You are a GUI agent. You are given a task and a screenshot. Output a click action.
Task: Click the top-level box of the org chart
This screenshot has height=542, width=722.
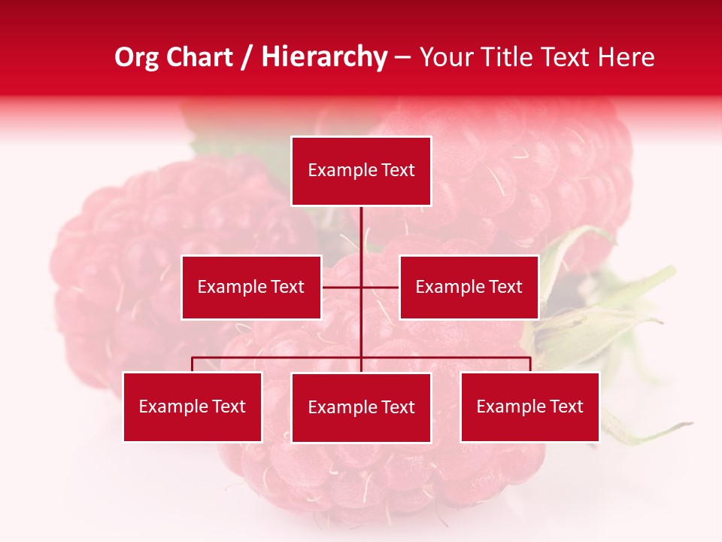tap(361, 171)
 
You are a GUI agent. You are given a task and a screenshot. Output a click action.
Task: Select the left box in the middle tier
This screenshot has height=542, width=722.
tap(251, 288)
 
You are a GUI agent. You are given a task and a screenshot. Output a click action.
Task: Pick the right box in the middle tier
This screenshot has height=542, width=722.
tap(469, 288)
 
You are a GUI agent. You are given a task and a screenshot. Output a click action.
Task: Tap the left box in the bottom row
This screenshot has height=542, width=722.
tap(193, 407)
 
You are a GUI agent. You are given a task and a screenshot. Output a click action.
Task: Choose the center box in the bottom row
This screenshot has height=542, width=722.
tap(361, 408)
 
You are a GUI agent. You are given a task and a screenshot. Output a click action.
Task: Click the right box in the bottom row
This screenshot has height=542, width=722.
tap(529, 407)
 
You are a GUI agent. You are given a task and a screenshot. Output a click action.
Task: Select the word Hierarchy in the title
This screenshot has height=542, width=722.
tap(324, 57)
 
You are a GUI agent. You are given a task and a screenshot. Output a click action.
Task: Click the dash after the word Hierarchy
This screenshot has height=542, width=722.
tap(402, 58)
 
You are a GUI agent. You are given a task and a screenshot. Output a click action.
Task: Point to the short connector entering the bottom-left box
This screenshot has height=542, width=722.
tap(193, 364)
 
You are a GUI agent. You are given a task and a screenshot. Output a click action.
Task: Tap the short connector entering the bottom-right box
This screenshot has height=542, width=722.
tap(530, 364)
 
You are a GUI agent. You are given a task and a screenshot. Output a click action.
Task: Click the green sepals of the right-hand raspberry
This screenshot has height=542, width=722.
tap(594, 316)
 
